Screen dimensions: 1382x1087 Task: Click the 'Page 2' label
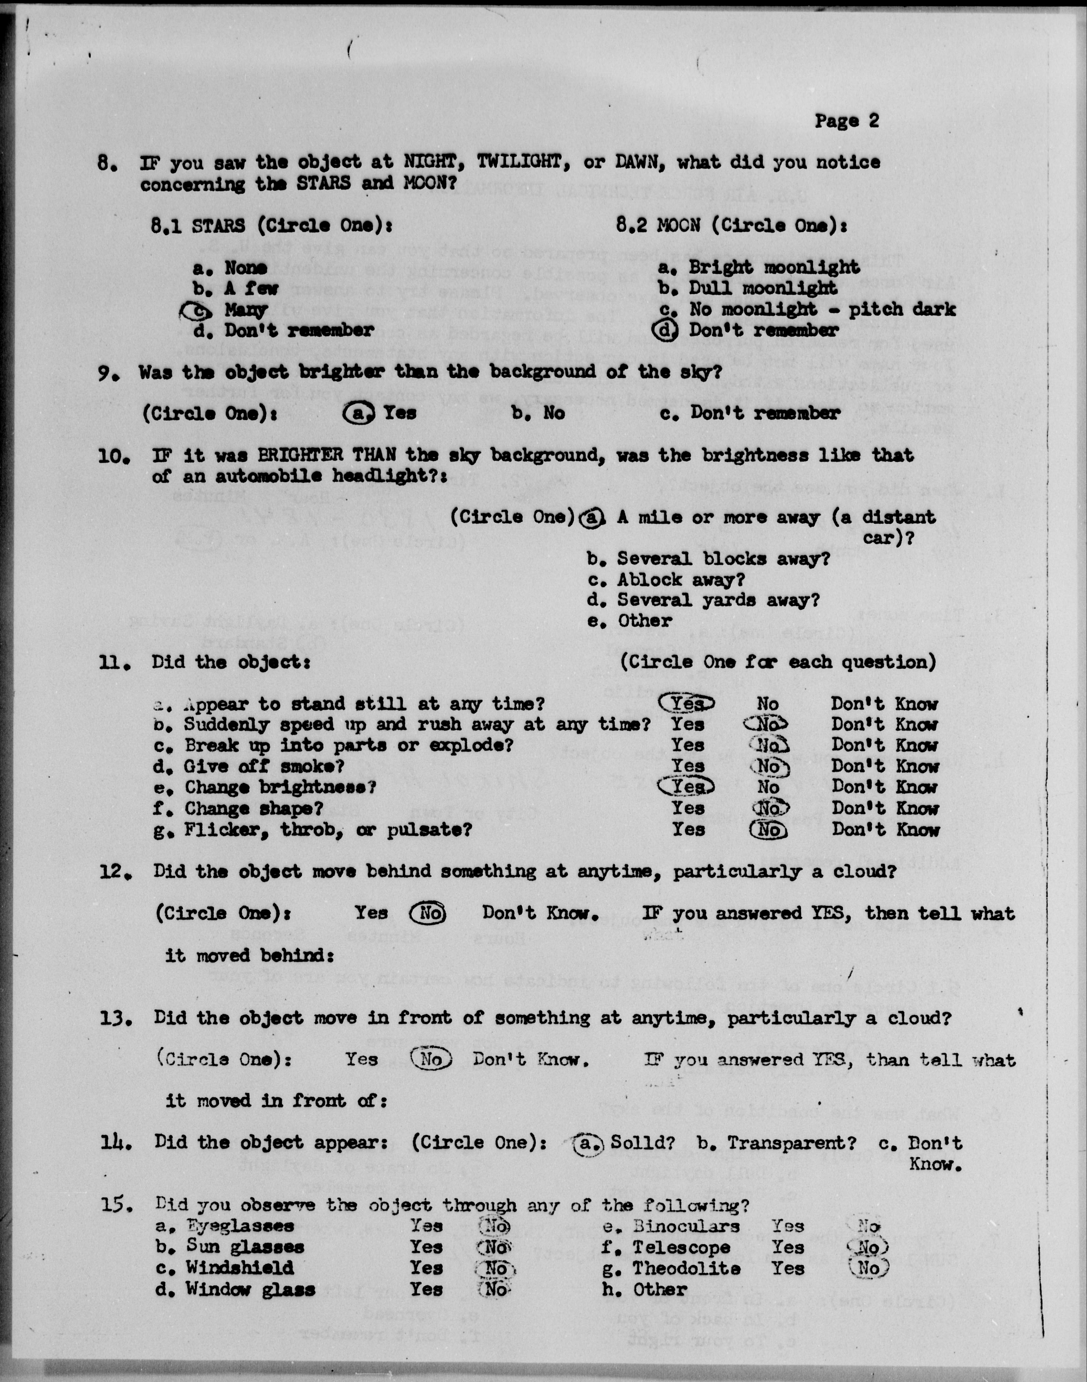[x=846, y=121]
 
